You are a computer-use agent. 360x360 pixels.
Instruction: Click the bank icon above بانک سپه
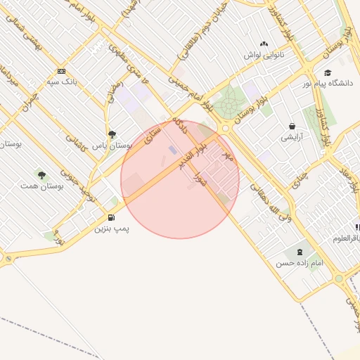[61, 71]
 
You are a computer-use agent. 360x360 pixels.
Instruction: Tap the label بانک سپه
[61, 82]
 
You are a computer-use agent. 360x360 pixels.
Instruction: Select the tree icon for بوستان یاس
[112, 134]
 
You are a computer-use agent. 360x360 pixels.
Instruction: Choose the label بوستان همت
[41, 186]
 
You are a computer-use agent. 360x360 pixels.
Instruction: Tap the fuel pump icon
[112, 218]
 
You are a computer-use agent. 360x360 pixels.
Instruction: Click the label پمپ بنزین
[112, 229]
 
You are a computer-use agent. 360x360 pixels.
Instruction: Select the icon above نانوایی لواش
[264, 44]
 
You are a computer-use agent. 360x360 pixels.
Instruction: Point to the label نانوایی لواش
[264, 54]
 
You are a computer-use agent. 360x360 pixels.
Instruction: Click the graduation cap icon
[328, 72]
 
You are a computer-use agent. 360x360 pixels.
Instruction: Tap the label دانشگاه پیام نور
[328, 84]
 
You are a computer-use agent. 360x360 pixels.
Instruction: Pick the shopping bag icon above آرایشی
[291, 127]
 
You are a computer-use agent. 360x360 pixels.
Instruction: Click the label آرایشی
[291, 137]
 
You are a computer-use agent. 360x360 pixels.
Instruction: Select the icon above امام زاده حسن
[300, 252]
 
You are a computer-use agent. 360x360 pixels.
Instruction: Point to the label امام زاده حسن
[300, 262]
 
